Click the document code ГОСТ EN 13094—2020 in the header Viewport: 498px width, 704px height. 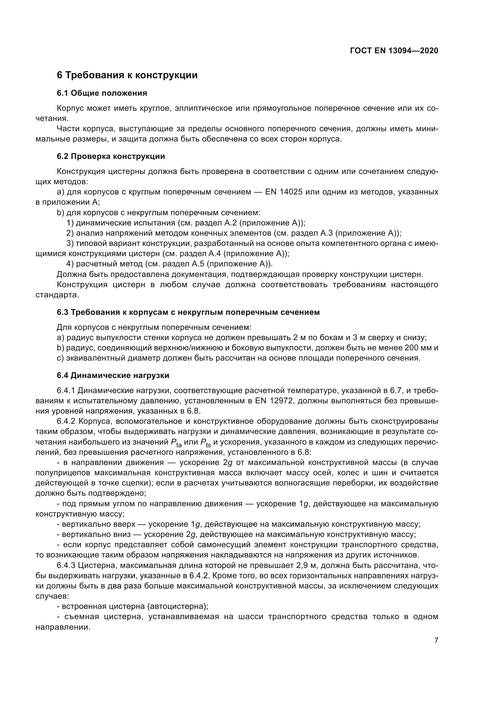click(x=394, y=51)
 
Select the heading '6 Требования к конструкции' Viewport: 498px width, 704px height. click(x=127, y=75)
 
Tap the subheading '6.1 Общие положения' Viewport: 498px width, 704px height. click(x=102, y=93)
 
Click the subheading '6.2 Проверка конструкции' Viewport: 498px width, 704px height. click(x=111, y=157)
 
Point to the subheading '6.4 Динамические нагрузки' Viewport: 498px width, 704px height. click(x=113, y=375)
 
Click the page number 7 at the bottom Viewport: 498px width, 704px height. click(x=436, y=640)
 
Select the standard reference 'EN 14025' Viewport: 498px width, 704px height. click(x=284, y=192)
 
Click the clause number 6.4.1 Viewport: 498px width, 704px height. click(x=66, y=391)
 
